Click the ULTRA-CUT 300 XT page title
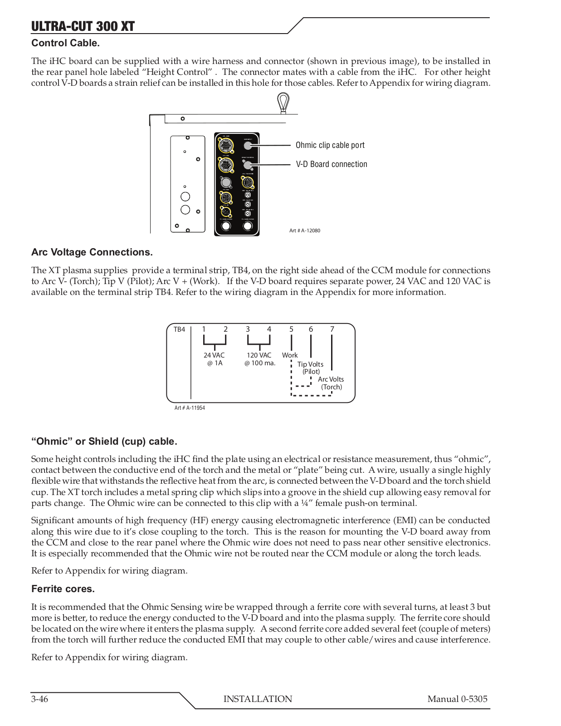pos(83,26)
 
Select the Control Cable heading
pos(65,44)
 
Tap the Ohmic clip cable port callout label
pos(330,145)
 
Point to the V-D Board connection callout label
pos(332,164)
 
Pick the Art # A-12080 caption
pos(305,231)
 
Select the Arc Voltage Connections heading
pos(92,252)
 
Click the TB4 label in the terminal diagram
pos(180,329)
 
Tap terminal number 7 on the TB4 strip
pos(332,329)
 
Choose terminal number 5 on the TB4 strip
pos(291,329)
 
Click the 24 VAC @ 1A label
pos(214,359)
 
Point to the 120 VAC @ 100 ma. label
pos(259,359)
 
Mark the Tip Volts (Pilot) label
pos(311,368)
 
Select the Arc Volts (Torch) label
pos(331,383)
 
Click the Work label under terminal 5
pos(290,355)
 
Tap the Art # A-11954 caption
pos(190,408)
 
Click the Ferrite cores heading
pos(63,589)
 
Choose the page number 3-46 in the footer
pos(39,699)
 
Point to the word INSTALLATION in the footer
pos(258,699)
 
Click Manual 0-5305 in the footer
pos(457,699)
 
